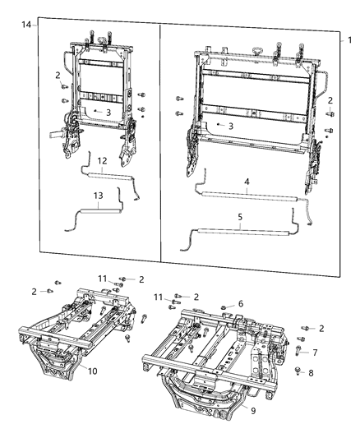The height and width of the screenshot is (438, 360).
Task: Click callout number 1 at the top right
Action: pyautogui.click(x=349, y=39)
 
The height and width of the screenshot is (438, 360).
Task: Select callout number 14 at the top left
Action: pyautogui.click(x=27, y=26)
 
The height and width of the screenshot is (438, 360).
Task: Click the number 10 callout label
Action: pyautogui.click(x=92, y=371)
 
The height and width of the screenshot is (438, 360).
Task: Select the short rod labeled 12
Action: pyautogui.click(x=111, y=175)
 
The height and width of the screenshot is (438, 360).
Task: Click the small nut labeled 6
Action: pyautogui.click(x=224, y=307)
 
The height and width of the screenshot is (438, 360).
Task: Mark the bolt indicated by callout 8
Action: pyautogui.click(x=297, y=372)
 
